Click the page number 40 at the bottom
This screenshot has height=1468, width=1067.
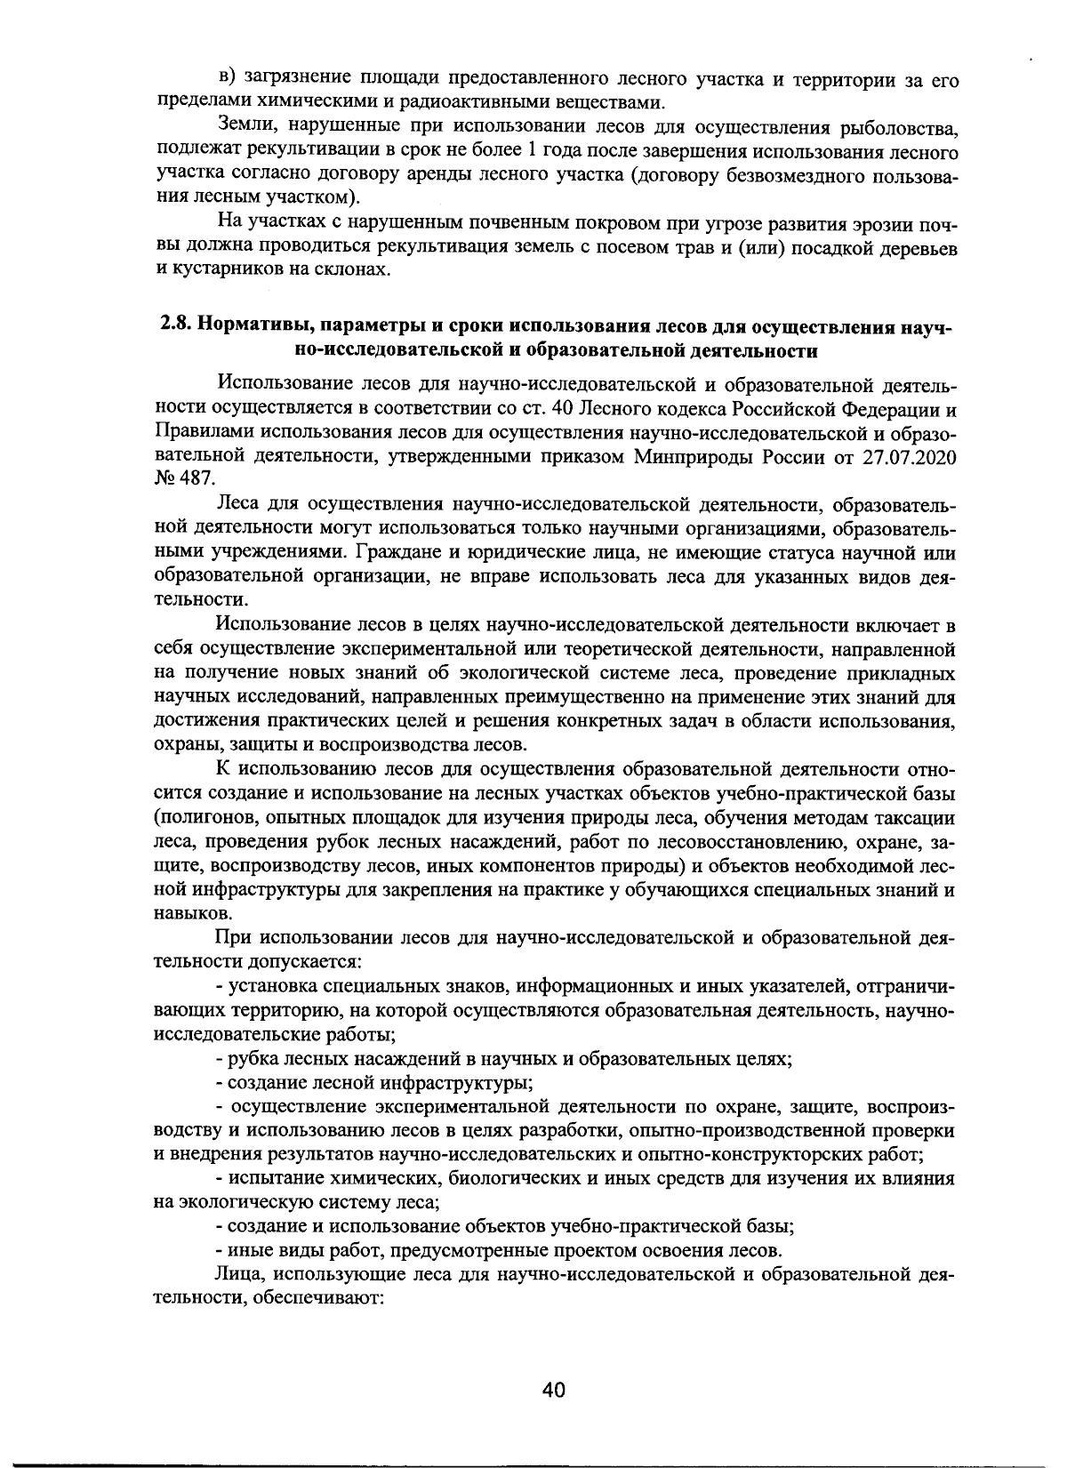coord(553,1392)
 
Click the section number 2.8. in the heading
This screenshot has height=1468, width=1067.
coord(177,326)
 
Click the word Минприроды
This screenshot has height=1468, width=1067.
coord(685,458)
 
